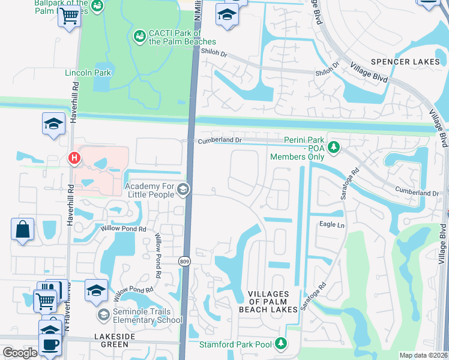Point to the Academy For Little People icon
183,190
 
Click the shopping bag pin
22,230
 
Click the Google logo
20,352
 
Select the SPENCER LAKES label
405,62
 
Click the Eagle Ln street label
332,225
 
